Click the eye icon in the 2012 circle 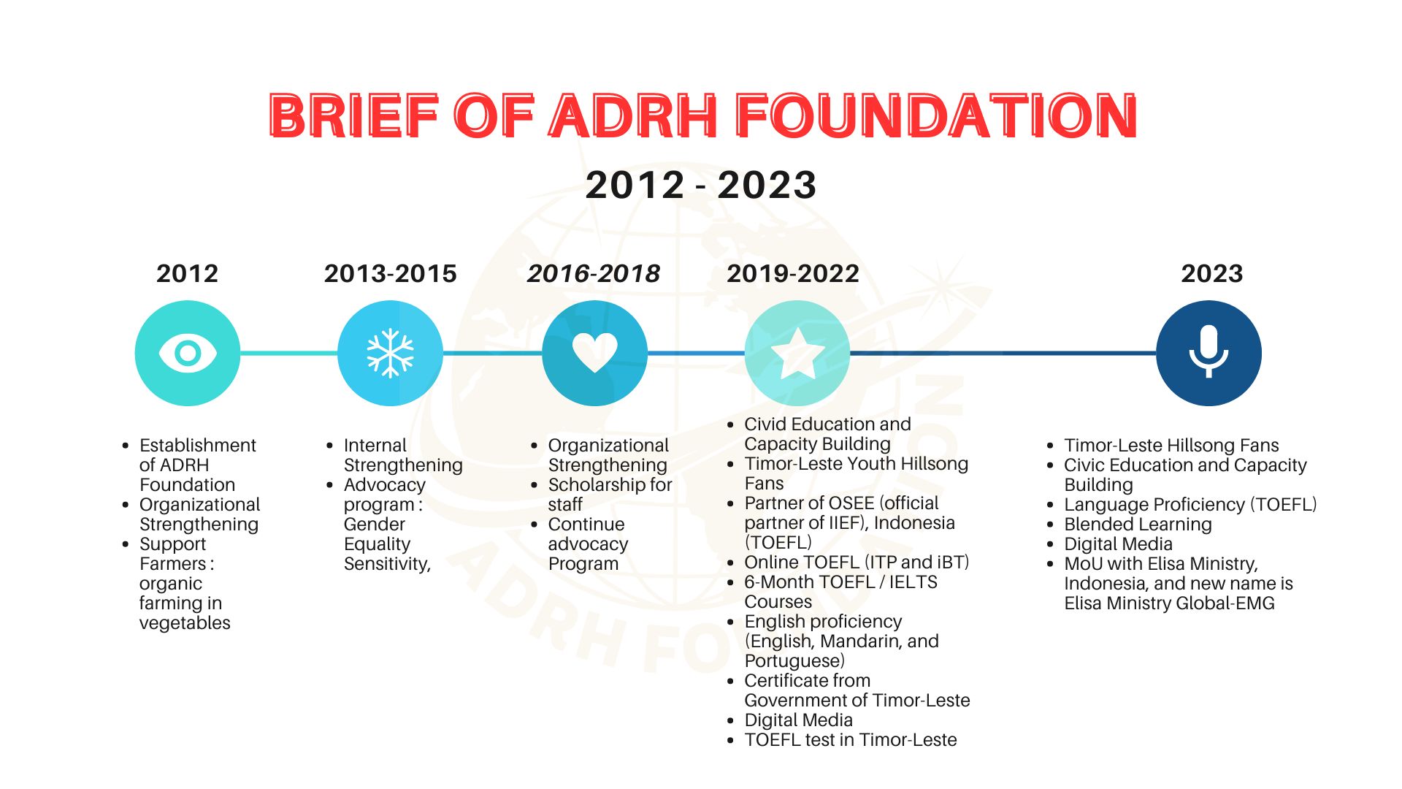(188, 354)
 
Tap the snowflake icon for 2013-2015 (390, 354)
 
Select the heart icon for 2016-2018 (595, 352)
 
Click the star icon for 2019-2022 (797, 354)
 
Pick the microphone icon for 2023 (1209, 352)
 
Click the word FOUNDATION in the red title (936, 116)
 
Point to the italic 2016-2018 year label (594, 274)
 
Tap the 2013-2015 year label (391, 274)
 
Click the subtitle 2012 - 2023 (701, 185)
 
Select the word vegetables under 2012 (185, 623)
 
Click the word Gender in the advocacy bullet (374, 525)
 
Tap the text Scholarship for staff (610, 495)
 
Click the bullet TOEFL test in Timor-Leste (850, 740)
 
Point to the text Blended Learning (1138, 525)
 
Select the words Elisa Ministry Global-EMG (1169, 603)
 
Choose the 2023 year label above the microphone (1212, 274)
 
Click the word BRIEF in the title (353, 116)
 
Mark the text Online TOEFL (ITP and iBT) (857, 563)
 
